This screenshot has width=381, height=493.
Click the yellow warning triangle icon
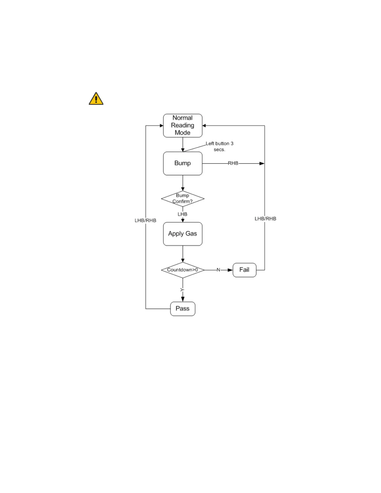click(96, 99)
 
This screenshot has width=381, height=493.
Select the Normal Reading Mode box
click(183, 125)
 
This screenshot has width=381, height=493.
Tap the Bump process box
click(183, 163)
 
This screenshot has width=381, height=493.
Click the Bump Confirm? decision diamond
click(183, 199)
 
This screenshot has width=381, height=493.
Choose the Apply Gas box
click(183, 234)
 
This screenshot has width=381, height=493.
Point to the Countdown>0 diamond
click(183, 270)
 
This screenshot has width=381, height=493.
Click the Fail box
click(244, 270)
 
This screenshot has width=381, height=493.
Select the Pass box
click(183, 309)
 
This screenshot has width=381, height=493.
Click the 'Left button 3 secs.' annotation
click(219, 146)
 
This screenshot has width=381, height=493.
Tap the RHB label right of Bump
click(233, 163)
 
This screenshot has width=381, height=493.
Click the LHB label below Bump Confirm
click(182, 214)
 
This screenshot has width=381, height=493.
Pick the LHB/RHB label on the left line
click(145, 220)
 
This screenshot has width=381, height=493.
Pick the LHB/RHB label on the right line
click(265, 218)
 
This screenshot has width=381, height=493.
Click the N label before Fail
click(218, 270)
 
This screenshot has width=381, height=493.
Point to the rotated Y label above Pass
click(182, 290)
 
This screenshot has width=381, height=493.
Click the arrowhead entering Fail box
click(230, 270)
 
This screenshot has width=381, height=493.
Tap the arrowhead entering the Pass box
click(183, 299)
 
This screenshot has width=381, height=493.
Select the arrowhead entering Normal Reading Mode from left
click(161, 126)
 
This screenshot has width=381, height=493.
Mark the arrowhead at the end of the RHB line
click(262, 163)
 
